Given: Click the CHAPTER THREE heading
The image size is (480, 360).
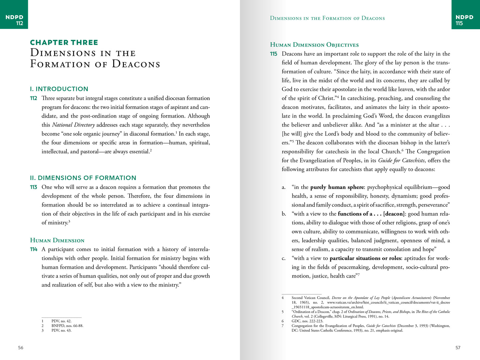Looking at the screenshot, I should pos(64,43).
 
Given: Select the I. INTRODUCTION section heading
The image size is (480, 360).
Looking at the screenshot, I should pos(59,89).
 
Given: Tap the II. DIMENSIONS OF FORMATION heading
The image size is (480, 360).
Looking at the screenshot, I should pos(83,178).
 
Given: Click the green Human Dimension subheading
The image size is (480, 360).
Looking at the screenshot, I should pos(57,240).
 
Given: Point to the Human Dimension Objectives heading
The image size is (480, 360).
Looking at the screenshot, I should pos(314,45).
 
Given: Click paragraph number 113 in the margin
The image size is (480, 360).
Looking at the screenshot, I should pos(34,187).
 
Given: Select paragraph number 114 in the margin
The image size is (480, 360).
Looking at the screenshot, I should pos(34,249).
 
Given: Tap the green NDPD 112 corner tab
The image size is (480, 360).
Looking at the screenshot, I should pos(14,20).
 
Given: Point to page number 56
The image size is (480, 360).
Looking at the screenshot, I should pos(21,348).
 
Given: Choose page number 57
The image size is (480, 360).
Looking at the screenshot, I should pos(458,348).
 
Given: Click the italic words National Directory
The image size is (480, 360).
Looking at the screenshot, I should pos(73,125).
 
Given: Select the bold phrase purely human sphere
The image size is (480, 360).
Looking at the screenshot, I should pos(337,187).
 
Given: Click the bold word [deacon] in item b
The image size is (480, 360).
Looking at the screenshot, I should pos(394,214).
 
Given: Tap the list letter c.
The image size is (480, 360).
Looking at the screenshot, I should pos(283,258).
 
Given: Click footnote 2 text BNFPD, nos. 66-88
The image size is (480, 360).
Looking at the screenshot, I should pos(67,326).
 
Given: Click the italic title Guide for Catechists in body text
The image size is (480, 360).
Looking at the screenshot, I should pos(401,160).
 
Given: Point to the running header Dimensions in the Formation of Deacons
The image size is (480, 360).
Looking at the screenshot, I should pos(327,18).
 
